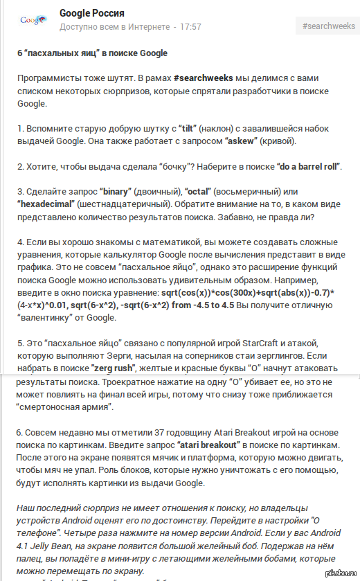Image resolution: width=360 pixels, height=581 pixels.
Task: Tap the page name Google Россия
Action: (93, 13)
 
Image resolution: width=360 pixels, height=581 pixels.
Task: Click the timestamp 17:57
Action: (190, 27)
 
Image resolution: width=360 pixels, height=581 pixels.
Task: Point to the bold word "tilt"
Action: (187, 129)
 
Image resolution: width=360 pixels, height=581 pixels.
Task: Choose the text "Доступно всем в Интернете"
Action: (114, 27)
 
